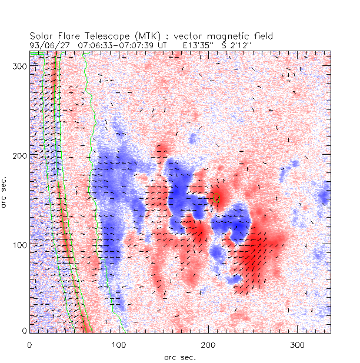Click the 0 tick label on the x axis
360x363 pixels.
(x=29, y=344)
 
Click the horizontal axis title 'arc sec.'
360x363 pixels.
(x=180, y=357)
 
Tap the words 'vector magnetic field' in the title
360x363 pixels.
(x=232, y=36)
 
